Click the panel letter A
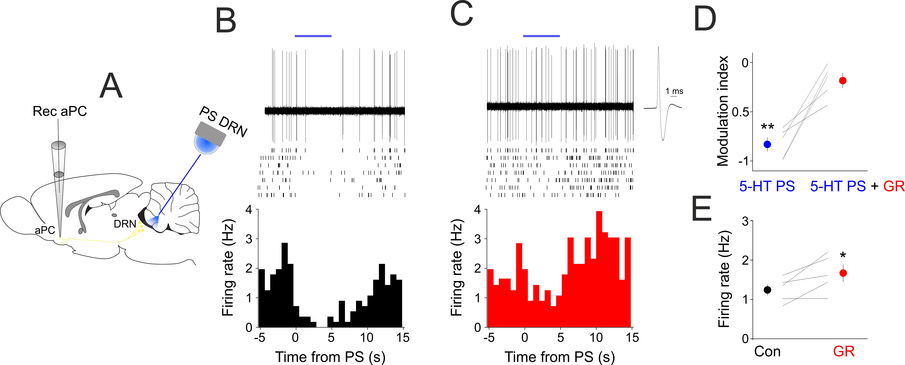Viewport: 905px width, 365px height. point(111,86)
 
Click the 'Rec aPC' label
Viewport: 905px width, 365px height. point(60,111)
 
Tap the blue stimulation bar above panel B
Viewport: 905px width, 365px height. point(313,36)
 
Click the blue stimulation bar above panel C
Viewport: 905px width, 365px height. point(541,36)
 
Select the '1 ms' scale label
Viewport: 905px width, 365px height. point(674,91)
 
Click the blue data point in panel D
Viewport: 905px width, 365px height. point(767,144)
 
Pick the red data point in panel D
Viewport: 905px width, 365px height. point(842,80)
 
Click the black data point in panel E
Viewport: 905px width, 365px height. point(767,290)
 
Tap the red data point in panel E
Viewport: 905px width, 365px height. point(843,273)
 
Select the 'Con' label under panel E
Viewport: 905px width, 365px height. point(767,351)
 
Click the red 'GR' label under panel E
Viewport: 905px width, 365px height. point(844,351)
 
